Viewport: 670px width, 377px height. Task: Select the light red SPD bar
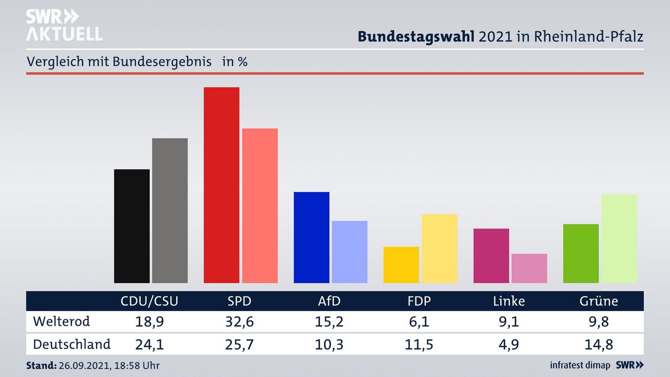click(x=260, y=205)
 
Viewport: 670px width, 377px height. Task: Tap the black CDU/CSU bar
click(x=132, y=226)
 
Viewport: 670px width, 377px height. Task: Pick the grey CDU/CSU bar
click(x=170, y=210)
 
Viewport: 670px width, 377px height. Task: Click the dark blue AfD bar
click(x=311, y=237)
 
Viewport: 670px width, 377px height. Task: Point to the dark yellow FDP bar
click(x=401, y=264)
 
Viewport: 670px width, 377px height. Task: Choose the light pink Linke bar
click(x=529, y=268)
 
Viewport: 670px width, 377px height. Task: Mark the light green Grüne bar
click(x=619, y=238)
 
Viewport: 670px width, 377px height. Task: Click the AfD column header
click(x=329, y=301)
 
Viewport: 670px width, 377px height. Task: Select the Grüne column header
click(x=598, y=301)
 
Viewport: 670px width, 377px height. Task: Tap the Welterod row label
click(x=61, y=321)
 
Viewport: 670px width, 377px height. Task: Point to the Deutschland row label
click(x=72, y=344)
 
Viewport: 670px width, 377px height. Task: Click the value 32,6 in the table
click(x=239, y=322)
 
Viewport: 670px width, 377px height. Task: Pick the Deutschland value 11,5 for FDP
click(x=419, y=345)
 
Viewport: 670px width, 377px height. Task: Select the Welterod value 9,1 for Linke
click(x=509, y=322)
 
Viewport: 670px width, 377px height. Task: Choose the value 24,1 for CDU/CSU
click(x=149, y=345)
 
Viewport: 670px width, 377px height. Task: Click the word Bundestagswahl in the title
click(x=415, y=37)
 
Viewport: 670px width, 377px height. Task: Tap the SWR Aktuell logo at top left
click(x=64, y=25)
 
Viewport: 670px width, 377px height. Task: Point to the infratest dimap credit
click(x=580, y=365)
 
